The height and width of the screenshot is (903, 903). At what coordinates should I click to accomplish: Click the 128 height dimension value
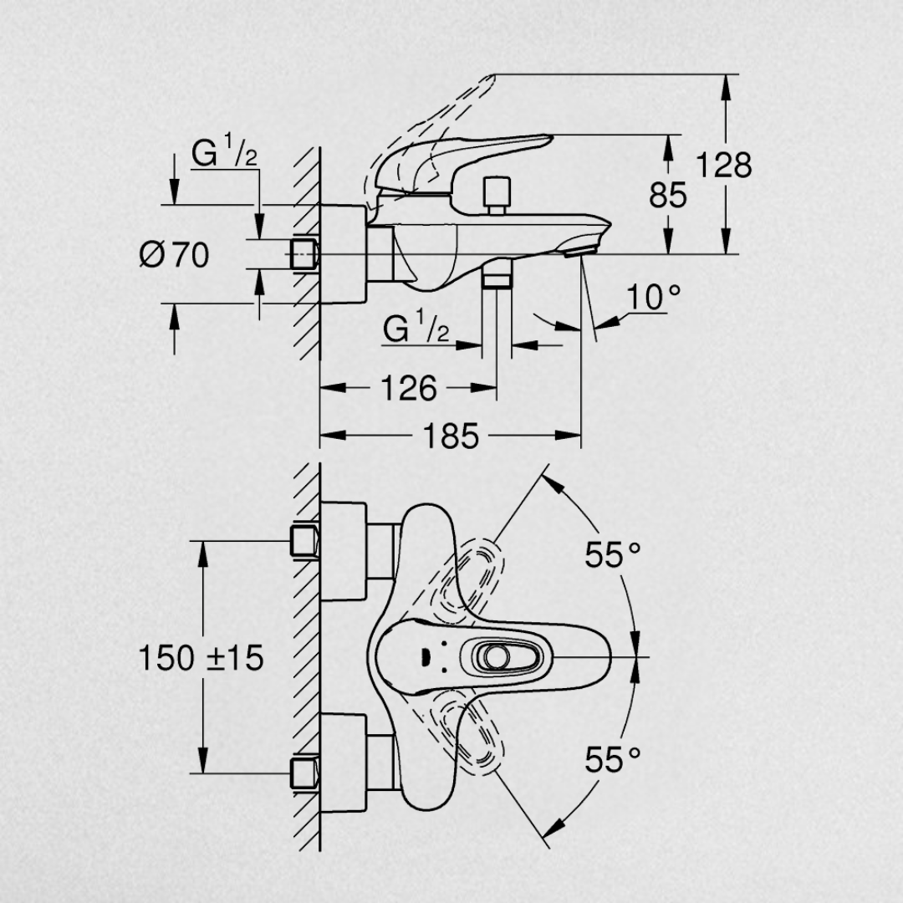[724, 166]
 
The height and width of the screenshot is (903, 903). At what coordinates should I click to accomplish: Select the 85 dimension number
[668, 195]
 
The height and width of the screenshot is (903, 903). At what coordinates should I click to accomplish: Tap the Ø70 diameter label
[175, 254]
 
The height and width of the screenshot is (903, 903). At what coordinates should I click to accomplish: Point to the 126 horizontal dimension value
[409, 389]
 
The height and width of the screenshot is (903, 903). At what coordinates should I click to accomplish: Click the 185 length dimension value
[451, 436]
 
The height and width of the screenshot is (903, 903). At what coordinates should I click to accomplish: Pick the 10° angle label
[653, 297]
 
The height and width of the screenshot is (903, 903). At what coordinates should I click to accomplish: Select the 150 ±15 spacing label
[201, 658]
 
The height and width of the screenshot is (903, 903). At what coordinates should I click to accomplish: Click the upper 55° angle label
[613, 555]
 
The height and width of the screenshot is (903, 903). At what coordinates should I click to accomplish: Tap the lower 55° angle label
[613, 759]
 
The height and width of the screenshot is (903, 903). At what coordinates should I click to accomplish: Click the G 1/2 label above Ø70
[224, 150]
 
